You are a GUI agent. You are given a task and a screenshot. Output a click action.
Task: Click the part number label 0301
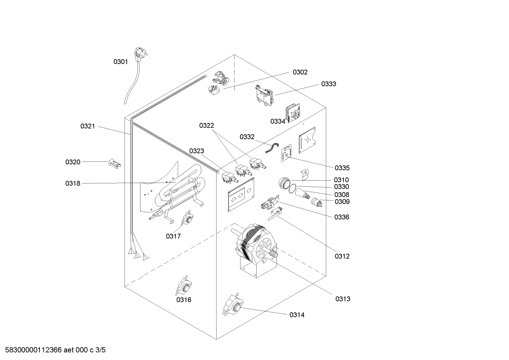click(120, 62)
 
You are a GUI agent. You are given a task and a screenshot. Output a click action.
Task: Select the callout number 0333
click(328, 84)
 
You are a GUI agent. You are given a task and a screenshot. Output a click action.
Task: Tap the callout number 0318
click(73, 183)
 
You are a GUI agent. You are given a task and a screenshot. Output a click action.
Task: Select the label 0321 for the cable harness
click(88, 126)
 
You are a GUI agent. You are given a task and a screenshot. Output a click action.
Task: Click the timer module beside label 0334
click(293, 113)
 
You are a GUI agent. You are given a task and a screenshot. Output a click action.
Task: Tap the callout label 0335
click(342, 168)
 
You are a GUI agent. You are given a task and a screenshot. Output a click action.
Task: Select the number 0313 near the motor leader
click(343, 299)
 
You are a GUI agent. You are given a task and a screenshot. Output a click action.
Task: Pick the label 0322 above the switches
click(206, 126)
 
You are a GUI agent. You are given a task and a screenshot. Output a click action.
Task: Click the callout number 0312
click(342, 256)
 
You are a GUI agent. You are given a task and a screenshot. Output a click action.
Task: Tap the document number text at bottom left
click(53, 350)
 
